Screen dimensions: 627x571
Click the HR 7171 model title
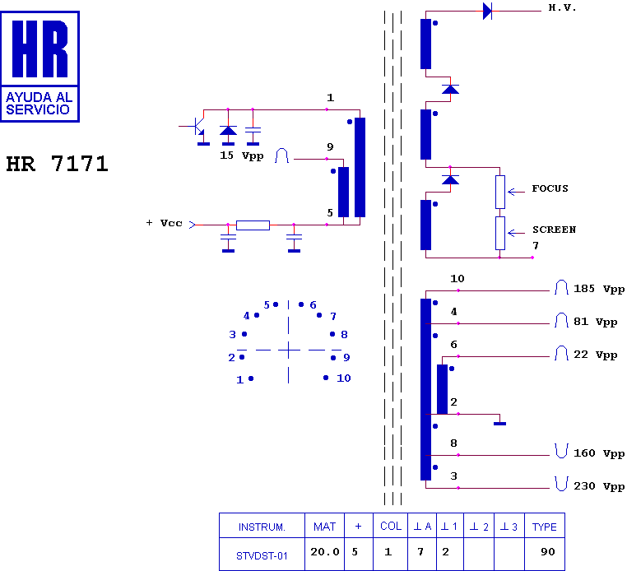coord(57,164)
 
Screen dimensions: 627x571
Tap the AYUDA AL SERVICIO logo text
coord(39,103)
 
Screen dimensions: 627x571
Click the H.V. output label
coord(562,7)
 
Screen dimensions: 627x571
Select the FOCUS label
coord(550,188)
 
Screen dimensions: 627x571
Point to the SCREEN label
coord(554,230)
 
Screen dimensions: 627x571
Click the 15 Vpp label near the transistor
coord(242,156)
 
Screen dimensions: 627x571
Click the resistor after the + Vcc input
coord(253,225)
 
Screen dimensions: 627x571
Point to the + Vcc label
coord(165,223)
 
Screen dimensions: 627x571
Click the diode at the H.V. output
coord(487,11)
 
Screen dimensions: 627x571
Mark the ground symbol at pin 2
coord(499,424)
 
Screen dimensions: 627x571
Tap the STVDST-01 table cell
coord(262,555)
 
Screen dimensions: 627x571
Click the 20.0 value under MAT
coord(325,552)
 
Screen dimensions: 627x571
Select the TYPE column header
coord(544,527)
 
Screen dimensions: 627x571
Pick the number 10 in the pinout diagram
coord(343,378)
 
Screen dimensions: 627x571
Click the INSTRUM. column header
coord(262,527)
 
